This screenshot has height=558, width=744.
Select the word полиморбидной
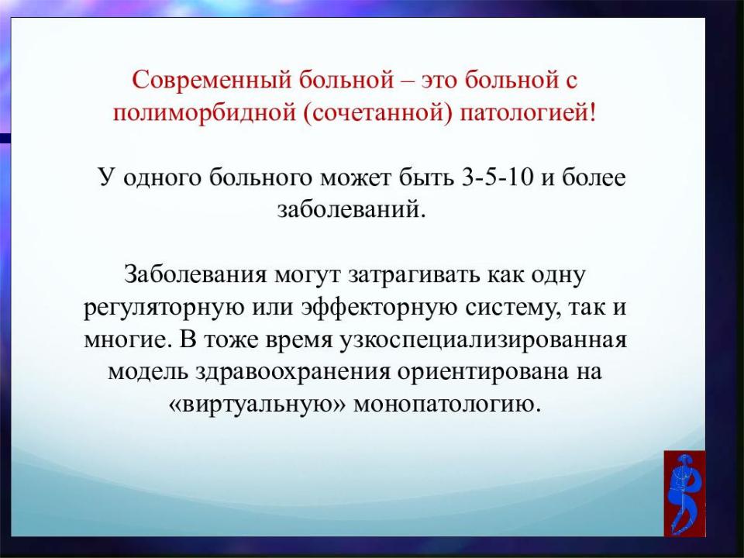click(x=204, y=113)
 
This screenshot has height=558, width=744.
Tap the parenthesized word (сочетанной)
click(x=377, y=113)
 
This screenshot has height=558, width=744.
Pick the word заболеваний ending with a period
click(x=351, y=209)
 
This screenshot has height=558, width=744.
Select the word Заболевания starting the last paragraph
click(x=195, y=274)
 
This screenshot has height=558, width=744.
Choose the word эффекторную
click(x=380, y=308)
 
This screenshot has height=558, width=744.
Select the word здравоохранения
click(x=293, y=372)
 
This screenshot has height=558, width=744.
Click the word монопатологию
click(x=447, y=405)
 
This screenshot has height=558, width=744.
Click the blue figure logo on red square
click(x=684, y=494)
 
